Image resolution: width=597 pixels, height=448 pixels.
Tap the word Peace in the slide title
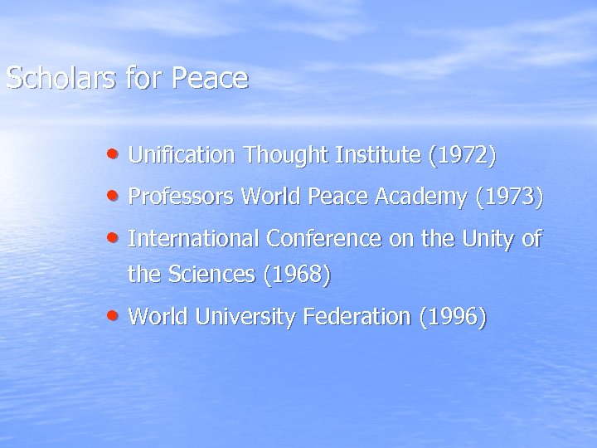(210, 78)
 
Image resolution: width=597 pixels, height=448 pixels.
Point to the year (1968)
(297, 274)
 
